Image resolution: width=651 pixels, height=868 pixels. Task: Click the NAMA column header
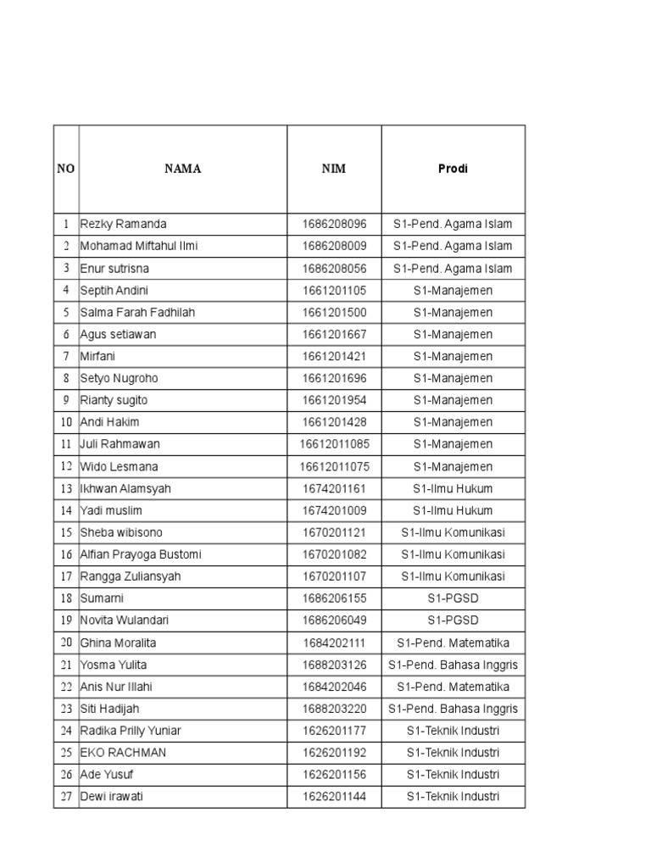tap(182, 169)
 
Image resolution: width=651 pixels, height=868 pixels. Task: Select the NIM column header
tap(334, 169)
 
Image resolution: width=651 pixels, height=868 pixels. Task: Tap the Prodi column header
tap(453, 169)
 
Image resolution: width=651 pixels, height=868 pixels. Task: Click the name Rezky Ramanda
tap(124, 225)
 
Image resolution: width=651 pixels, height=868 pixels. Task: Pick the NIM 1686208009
tap(334, 247)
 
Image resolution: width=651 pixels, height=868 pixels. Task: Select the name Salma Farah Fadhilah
tap(137, 313)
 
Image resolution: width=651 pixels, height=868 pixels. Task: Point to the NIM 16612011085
tap(334, 444)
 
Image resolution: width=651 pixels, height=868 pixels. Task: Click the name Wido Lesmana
tap(119, 467)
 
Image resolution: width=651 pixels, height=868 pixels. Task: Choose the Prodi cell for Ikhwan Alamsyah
tap(453, 489)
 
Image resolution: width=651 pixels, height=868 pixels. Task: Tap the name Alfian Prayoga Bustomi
tap(141, 554)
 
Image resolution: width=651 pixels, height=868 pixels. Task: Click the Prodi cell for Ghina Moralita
tap(453, 643)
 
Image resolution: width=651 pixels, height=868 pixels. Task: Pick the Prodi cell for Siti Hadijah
tap(453, 709)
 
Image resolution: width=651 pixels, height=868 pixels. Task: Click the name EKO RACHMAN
tap(124, 753)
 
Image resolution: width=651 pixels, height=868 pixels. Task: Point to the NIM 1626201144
tap(334, 797)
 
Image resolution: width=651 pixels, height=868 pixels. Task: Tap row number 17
tap(65, 576)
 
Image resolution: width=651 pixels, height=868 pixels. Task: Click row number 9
tap(65, 401)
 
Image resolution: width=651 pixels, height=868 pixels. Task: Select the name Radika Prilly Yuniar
tap(131, 731)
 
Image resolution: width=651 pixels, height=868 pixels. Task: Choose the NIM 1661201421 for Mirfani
tap(334, 357)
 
